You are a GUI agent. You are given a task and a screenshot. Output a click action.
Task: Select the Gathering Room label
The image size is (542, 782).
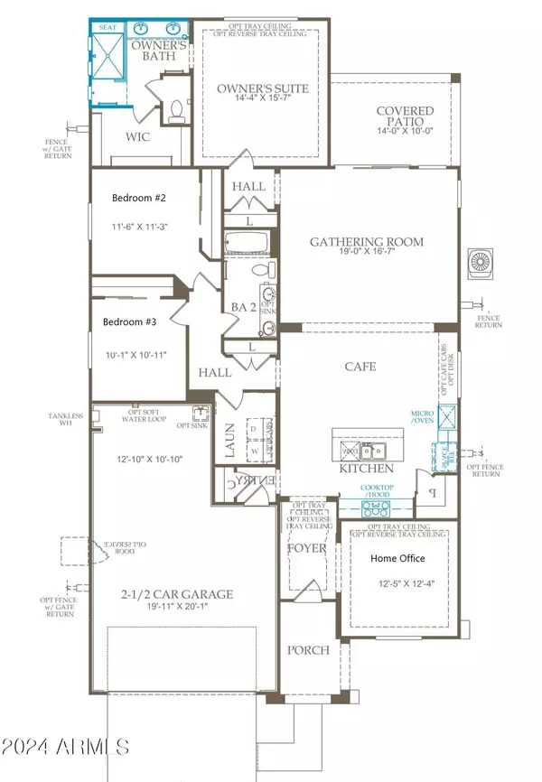367,242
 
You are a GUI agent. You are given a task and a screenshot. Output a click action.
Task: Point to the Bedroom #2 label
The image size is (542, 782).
139,198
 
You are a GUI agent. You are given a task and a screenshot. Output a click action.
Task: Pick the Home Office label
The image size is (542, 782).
398,558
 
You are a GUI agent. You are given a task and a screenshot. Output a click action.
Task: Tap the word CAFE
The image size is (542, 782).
360,367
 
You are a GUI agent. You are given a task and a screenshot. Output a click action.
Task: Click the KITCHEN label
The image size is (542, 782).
366,470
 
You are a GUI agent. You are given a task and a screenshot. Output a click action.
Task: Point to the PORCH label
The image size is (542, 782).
309,650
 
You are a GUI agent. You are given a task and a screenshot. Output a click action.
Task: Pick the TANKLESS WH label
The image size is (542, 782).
65,420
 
